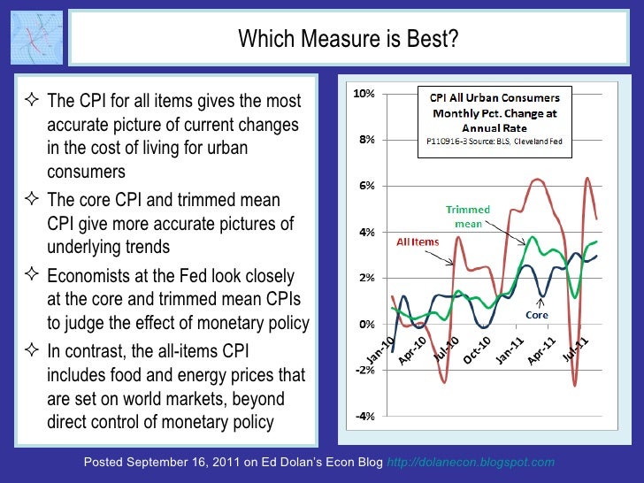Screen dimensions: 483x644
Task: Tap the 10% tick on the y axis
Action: click(364, 93)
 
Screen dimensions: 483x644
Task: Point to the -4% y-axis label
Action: click(364, 417)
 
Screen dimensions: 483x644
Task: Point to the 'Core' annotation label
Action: click(538, 314)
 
